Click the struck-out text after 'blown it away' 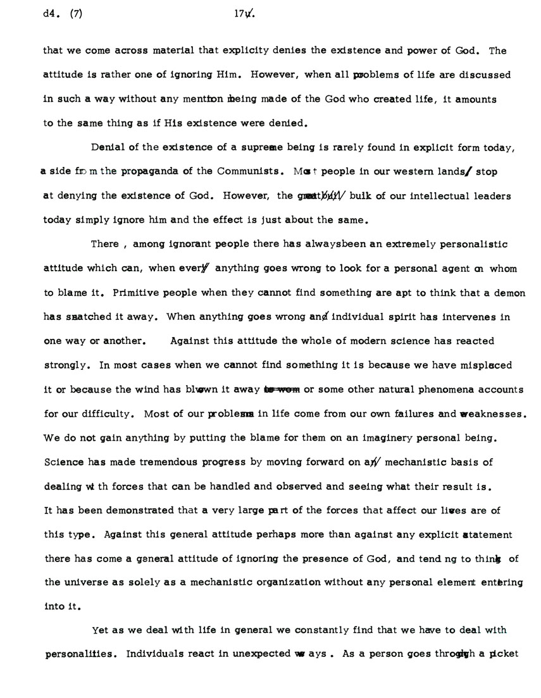click(x=281, y=390)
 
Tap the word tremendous click(x=159, y=462)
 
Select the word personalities click(x=78, y=654)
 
